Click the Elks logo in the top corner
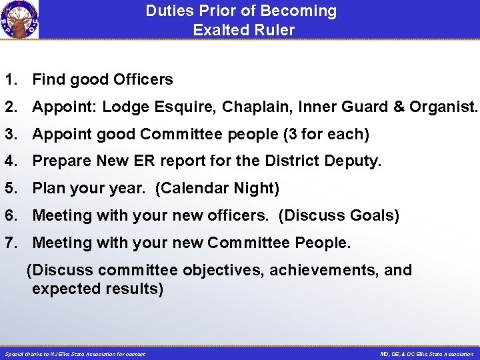(19, 19)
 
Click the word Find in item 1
(47, 80)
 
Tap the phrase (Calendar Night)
(217, 189)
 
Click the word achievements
(321, 271)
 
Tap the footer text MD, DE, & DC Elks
(427, 354)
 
